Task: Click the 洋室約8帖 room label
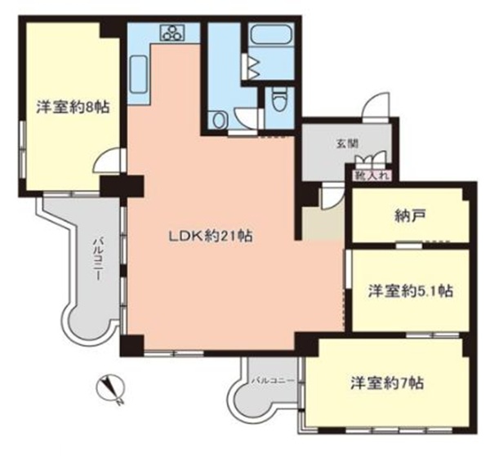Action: pyautogui.click(x=73, y=107)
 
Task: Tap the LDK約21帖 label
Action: pyautogui.click(x=211, y=237)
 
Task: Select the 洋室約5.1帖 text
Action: pyautogui.click(x=410, y=291)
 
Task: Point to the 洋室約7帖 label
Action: pyautogui.click(x=387, y=383)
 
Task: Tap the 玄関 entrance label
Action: pyautogui.click(x=347, y=144)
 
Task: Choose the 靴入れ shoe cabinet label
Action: pyautogui.click(x=372, y=175)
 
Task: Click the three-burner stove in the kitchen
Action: pyautogui.click(x=172, y=33)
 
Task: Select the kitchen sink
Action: pyautogui.click(x=137, y=74)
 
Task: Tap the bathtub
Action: pyautogui.click(x=270, y=35)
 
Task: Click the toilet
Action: pyautogui.click(x=278, y=100)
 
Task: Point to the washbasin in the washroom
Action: pyautogui.click(x=218, y=120)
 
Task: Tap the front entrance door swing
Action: pyautogui.click(x=376, y=105)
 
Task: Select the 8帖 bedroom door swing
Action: pyautogui.click(x=106, y=161)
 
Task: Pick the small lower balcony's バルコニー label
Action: pyautogui.click(x=273, y=380)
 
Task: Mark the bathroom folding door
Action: pyautogui.click(x=251, y=66)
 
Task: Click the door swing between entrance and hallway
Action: pyautogui.click(x=332, y=196)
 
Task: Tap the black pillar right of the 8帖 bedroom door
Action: pyautogui.click(x=122, y=186)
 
